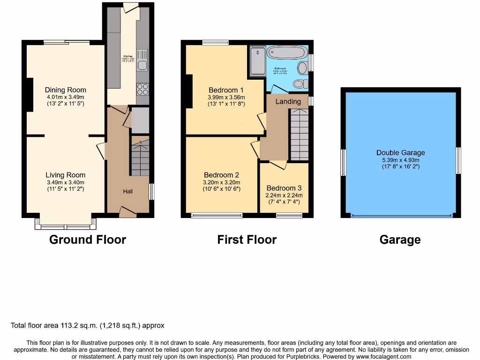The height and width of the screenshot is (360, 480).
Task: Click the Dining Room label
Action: click(66, 90)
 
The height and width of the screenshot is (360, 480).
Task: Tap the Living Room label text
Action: click(66, 175)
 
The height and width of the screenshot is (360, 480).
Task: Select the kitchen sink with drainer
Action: click(142, 60)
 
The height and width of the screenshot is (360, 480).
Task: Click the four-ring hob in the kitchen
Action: click(142, 89)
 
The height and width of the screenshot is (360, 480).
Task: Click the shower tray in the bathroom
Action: click(258, 60)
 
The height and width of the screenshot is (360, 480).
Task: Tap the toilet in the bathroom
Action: click(299, 84)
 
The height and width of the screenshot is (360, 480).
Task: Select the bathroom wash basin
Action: click(302, 68)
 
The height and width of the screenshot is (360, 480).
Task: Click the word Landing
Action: click(288, 101)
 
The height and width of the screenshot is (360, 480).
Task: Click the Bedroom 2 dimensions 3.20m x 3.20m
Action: click(222, 183)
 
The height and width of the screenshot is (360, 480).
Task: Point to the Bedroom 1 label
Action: click(226, 90)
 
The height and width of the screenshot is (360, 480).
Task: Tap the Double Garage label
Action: click(401, 152)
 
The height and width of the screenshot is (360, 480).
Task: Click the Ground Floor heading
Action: click(88, 240)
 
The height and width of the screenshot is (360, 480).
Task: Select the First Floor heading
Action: click(247, 240)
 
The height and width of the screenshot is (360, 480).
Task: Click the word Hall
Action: click(128, 191)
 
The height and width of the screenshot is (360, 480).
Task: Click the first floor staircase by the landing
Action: click(299, 134)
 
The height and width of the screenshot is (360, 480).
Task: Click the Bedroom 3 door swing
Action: click(278, 165)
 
